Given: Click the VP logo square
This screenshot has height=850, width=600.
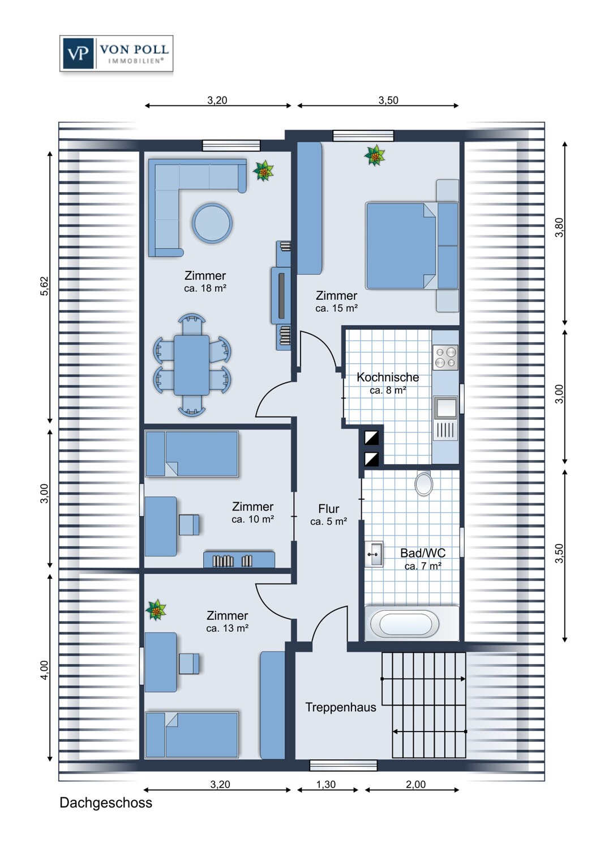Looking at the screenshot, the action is (78, 53).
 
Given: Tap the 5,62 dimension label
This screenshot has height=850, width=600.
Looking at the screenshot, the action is (44, 286).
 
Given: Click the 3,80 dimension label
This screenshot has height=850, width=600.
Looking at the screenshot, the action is (559, 227).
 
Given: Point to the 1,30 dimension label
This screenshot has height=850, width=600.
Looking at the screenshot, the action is (326, 784).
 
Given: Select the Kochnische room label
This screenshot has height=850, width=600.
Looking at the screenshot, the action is (388, 377).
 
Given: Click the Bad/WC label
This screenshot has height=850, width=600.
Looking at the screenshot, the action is (423, 553).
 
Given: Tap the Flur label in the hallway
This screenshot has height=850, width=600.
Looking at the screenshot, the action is (329, 508).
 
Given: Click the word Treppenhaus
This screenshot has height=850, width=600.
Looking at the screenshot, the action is (340, 707).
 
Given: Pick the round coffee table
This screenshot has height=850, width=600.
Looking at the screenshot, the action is (212, 223).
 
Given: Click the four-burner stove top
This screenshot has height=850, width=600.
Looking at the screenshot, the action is (445, 358).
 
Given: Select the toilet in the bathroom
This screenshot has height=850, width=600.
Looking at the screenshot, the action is (424, 483).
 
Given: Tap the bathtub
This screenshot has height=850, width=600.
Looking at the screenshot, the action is (405, 623).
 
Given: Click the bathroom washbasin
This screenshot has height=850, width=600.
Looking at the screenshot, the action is (374, 554).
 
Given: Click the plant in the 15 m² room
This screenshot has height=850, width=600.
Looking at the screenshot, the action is (375, 155).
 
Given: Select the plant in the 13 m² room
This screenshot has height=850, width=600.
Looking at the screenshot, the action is (156, 610).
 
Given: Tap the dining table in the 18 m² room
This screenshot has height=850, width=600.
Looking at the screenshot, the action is (191, 365).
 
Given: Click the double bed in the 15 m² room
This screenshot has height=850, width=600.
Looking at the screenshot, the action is (412, 246).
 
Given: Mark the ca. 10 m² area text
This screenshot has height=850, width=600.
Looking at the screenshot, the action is (253, 520).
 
